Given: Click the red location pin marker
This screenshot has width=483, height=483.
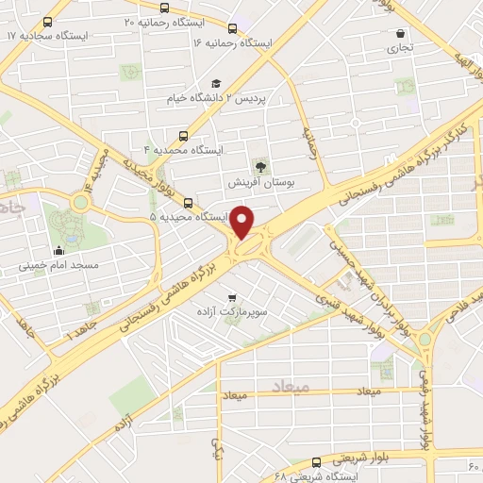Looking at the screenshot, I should (243, 222).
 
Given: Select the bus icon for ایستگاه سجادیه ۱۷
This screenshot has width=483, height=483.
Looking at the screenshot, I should (48, 21).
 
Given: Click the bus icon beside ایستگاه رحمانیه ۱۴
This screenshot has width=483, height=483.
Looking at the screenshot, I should (233, 28).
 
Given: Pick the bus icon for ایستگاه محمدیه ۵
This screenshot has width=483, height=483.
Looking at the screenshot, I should (190, 202).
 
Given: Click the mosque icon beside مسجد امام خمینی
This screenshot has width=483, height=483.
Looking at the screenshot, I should (58, 250).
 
